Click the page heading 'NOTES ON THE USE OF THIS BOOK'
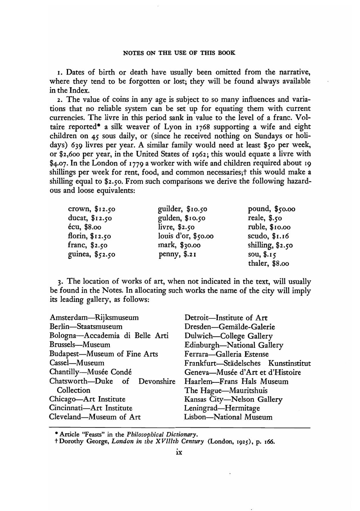179,53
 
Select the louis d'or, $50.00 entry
185,236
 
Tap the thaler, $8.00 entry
268,263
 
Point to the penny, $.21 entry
177,254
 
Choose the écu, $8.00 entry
85,227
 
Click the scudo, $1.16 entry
268,236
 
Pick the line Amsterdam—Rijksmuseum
94,318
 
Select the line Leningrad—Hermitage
222,408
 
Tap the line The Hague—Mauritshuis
226,390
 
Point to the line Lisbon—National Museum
228,417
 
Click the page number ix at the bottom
178,452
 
